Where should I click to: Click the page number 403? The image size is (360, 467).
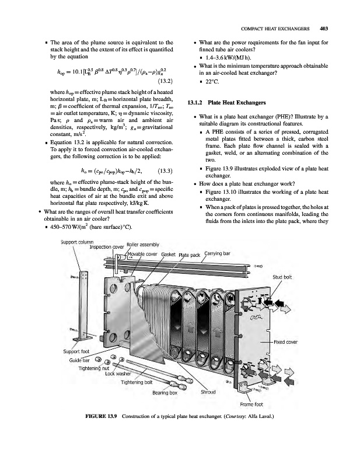pyautogui.click(x=323, y=29)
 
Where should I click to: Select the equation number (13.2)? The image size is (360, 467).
pyautogui.click(x=165, y=81)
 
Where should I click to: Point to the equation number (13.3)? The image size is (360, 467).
pyautogui.click(x=165, y=171)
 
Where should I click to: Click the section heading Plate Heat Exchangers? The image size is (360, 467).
pyautogui.click(x=237, y=103)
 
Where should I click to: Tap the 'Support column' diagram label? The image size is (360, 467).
pyautogui.click(x=77, y=242)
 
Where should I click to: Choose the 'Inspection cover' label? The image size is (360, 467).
pyautogui.click(x=107, y=247)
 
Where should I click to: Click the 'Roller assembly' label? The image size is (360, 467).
pyautogui.click(x=143, y=245)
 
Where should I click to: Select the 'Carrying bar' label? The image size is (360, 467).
pyautogui.click(x=217, y=253)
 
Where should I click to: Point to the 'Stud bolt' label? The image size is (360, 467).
pyautogui.click(x=282, y=277)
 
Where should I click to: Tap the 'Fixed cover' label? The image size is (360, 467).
pyautogui.click(x=285, y=342)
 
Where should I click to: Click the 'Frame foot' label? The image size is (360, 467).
pyautogui.click(x=251, y=405)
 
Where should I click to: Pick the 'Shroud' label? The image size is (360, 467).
pyautogui.click(x=208, y=392)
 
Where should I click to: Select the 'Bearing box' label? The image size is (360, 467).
pyautogui.click(x=165, y=393)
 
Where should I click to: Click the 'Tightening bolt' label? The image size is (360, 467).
pyautogui.click(x=137, y=382)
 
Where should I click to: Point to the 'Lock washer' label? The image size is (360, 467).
pyautogui.click(x=118, y=374)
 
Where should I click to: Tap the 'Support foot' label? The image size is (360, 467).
pyautogui.click(x=76, y=351)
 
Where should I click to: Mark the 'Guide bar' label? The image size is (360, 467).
pyautogui.click(x=79, y=360)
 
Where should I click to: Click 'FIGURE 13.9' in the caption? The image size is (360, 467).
pyautogui.click(x=102, y=416)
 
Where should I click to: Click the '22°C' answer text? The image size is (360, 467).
pyautogui.click(x=212, y=81)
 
